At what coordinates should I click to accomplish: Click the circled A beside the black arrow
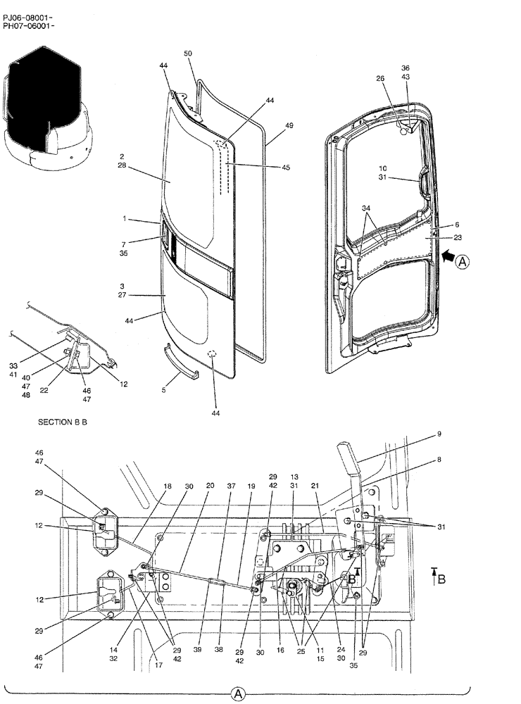pyautogui.click(x=462, y=262)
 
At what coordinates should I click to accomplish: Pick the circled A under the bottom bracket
pyautogui.click(x=238, y=695)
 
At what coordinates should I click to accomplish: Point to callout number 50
pyautogui.click(x=188, y=54)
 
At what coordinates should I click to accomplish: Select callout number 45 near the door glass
pyautogui.click(x=285, y=168)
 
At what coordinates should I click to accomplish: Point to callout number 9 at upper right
pyautogui.click(x=439, y=434)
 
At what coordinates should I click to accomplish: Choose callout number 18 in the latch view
pyautogui.click(x=168, y=486)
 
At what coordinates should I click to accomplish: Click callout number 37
pyautogui.click(x=232, y=486)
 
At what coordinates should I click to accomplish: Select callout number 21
pyautogui.click(x=315, y=486)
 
